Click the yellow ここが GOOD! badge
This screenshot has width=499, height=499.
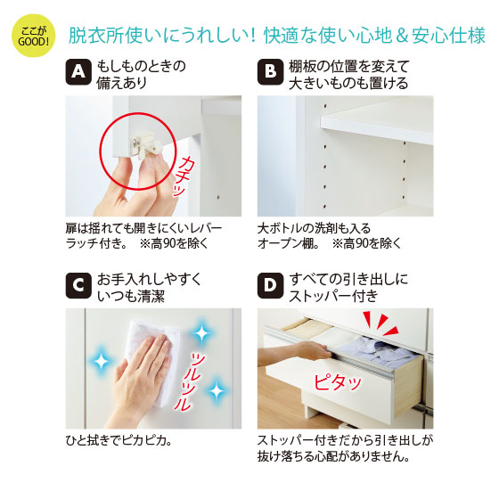tap(34, 36)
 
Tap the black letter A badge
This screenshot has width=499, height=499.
tap(78, 72)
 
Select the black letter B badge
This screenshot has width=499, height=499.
tap(270, 72)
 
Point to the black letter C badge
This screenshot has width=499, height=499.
tap(78, 285)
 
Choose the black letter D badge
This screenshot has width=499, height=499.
tap(270, 285)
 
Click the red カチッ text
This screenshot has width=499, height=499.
tap(184, 176)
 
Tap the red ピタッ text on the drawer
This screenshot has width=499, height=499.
tap(338, 382)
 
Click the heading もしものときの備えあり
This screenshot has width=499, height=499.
tap(141, 75)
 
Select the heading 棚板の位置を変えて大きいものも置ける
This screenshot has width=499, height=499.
tap(348, 75)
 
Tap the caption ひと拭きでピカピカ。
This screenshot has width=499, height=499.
tap(119, 440)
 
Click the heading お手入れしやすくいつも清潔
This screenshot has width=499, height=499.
tap(150, 288)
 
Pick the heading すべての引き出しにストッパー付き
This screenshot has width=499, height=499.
tap(348, 288)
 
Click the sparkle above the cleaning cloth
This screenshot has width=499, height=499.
tap(201, 333)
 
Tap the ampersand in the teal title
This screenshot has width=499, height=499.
tap(402, 36)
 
